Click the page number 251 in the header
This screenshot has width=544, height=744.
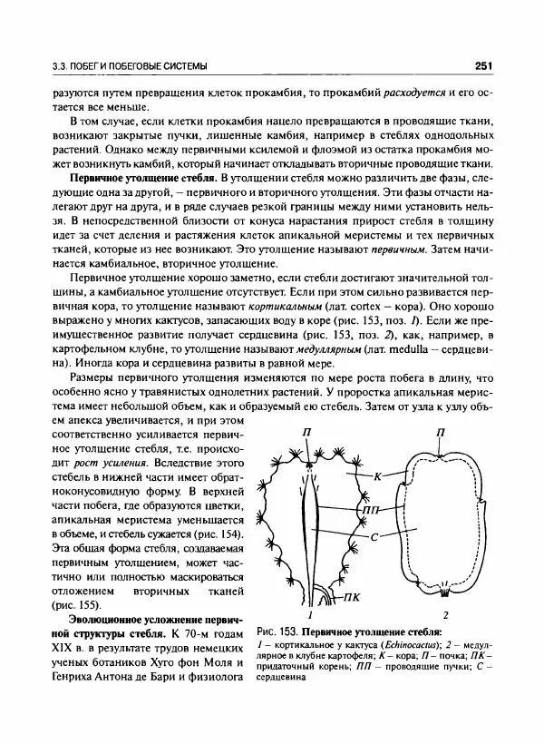(482, 65)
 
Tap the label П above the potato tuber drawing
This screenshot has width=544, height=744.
(441, 434)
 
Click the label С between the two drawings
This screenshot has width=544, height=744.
(374, 538)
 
